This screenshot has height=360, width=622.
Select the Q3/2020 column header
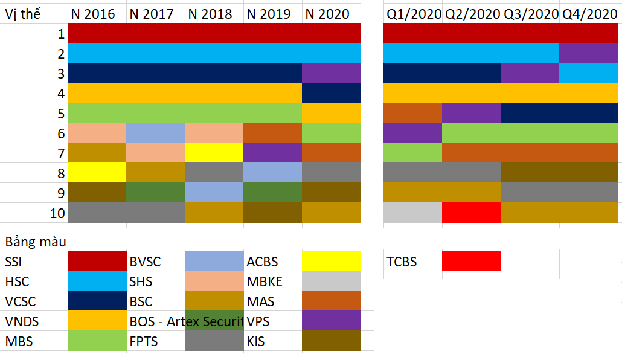point(530,14)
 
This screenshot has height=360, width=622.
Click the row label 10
point(57,213)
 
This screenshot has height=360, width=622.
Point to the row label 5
point(60,113)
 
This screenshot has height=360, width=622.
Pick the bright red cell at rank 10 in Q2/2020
point(471,213)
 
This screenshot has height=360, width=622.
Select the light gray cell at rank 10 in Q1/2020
point(412,213)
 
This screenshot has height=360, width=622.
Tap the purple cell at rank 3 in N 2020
point(331,73)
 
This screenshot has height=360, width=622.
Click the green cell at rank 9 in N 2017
point(155,193)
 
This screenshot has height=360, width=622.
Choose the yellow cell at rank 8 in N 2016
point(97,173)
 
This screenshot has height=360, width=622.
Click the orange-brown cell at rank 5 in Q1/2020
point(412,113)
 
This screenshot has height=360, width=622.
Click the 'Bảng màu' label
point(35,242)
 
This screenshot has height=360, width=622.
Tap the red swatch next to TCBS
point(471,262)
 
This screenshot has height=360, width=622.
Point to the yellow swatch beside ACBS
point(331,262)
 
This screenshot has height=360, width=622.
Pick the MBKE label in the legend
point(264,282)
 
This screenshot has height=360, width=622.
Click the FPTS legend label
point(144,341)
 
